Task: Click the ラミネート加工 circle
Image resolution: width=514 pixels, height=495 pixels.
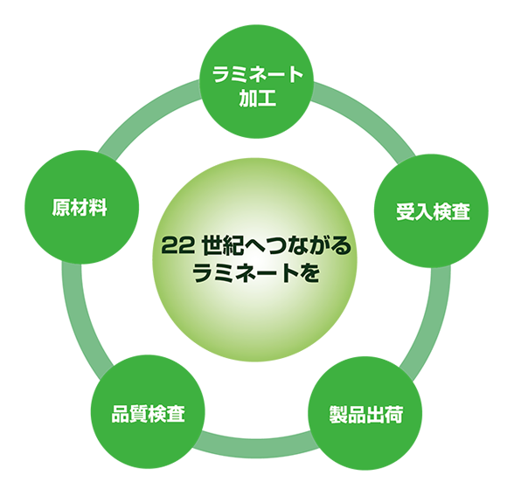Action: coord(257,81)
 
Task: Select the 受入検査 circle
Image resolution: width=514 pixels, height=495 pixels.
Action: coord(432,211)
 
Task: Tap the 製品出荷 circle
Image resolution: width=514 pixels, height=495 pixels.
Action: coord(365,414)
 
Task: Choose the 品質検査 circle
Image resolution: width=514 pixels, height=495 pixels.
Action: coord(148,412)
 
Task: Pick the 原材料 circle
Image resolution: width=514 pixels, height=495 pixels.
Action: coord(81,207)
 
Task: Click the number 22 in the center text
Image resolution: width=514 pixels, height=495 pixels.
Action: coord(177,246)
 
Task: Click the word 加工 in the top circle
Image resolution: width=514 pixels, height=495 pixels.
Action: coord(257,98)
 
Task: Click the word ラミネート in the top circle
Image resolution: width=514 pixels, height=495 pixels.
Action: coord(257,74)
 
